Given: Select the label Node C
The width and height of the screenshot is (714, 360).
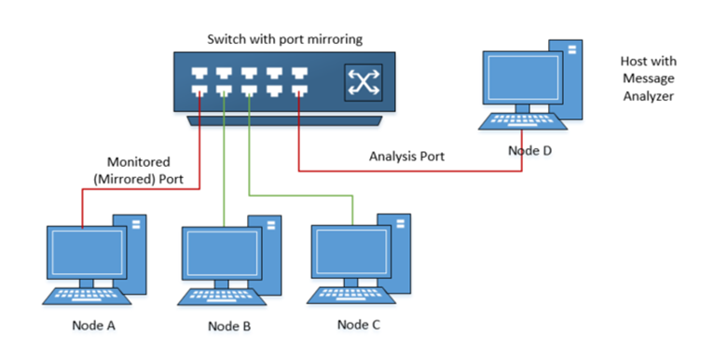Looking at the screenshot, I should tap(359, 325).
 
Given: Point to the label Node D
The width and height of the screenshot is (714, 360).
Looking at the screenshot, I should tap(529, 149).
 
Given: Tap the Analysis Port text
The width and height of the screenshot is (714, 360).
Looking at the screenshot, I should tap(405, 157).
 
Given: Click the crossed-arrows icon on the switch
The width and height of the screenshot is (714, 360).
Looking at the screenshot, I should tap(359, 81).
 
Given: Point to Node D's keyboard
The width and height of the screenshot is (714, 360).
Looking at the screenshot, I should tap(522, 121).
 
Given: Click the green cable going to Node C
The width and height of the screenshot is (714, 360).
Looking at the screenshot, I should tap(298, 196).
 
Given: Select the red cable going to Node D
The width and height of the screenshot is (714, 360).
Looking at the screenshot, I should tap(410, 172).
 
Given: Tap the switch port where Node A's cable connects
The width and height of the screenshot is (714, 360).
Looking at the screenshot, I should tap(200, 91).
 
